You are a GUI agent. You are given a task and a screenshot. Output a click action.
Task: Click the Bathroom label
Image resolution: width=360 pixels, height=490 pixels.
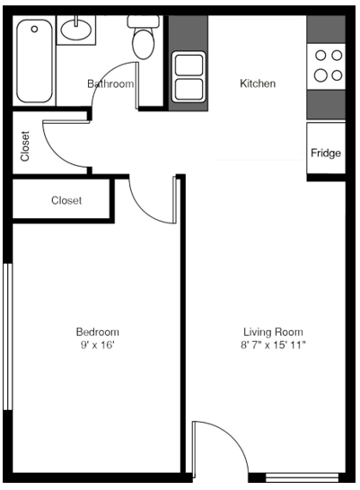[110, 84]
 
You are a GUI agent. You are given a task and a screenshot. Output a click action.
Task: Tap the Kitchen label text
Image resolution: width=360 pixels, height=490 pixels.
[258, 84]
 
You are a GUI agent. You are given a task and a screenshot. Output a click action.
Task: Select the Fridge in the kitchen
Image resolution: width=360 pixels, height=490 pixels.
[325, 153]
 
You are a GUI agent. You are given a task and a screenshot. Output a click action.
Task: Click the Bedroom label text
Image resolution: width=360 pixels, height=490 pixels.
[97, 331]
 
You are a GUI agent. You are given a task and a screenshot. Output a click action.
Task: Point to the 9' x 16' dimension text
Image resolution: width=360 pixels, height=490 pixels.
[97, 345]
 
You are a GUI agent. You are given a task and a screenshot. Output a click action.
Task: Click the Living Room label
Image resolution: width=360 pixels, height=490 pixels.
[274, 331]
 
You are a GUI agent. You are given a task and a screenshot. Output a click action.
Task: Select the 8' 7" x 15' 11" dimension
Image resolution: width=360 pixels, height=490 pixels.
[274, 345]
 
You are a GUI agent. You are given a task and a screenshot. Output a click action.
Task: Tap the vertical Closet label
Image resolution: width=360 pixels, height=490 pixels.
[24, 146]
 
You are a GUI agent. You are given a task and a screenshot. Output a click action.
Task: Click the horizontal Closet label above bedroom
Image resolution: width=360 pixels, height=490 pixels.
[66, 201]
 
